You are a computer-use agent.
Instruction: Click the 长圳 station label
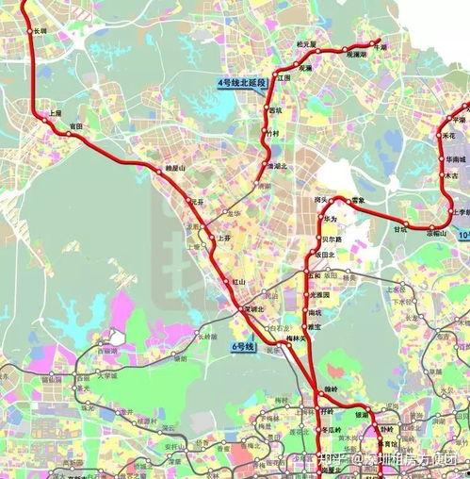[x=40, y=30]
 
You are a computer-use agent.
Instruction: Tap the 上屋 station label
[x=55, y=113]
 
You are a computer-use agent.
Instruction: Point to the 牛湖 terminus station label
[x=380, y=45]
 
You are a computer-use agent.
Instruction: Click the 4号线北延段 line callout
[x=242, y=84]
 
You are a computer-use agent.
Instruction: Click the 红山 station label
[x=238, y=282]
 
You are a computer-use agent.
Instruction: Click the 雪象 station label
[x=356, y=200]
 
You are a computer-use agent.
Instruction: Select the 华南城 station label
[x=457, y=160]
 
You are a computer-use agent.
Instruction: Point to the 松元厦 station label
[x=306, y=44]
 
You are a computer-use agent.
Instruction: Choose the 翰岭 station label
[x=330, y=388]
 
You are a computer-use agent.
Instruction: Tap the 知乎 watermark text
[x=331, y=460]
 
